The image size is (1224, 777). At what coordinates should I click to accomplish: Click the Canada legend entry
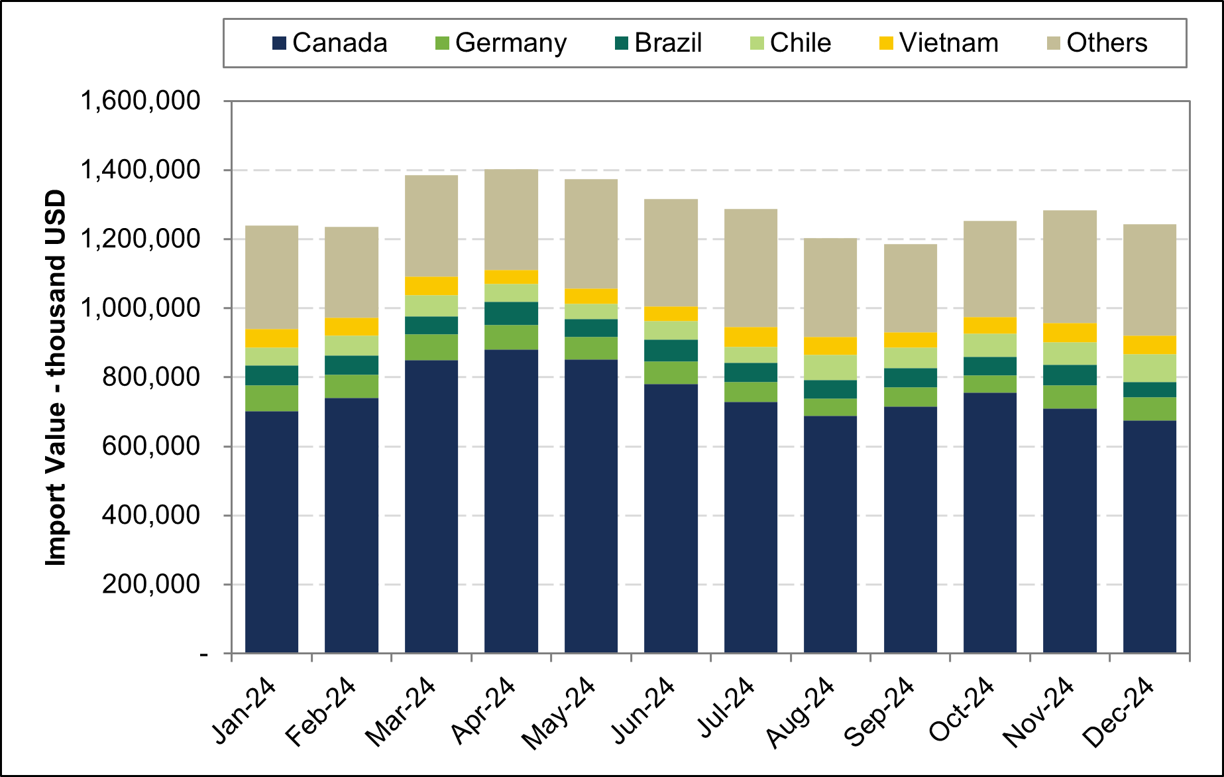[x=330, y=43]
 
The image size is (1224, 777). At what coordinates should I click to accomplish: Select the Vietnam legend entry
[x=939, y=43]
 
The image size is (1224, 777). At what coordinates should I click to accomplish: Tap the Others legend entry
[x=1097, y=43]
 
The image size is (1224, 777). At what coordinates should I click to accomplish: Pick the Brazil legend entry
[x=658, y=43]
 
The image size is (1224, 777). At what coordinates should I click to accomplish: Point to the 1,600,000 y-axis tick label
[x=140, y=101]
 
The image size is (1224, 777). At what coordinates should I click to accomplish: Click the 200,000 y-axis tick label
[x=150, y=584]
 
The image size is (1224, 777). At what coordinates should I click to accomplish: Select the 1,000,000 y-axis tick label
[x=140, y=308]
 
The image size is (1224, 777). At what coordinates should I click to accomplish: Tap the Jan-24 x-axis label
[x=244, y=711]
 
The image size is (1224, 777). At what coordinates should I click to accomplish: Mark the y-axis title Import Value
[x=56, y=378]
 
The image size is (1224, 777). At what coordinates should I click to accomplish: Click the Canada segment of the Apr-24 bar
[x=511, y=501]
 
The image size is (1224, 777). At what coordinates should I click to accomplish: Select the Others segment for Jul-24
[x=750, y=268]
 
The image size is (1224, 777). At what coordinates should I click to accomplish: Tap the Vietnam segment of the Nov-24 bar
[x=1070, y=332]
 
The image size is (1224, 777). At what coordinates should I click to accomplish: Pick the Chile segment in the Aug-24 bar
[x=830, y=367]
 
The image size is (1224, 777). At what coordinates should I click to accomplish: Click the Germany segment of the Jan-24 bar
[x=272, y=398]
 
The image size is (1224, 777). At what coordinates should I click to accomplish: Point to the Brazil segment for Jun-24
[x=671, y=350]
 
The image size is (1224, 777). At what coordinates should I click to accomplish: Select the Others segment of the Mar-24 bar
[x=431, y=225]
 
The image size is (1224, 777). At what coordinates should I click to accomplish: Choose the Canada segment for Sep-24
[x=910, y=529]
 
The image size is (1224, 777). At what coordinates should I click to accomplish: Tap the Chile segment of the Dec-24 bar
[x=1149, y=368]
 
